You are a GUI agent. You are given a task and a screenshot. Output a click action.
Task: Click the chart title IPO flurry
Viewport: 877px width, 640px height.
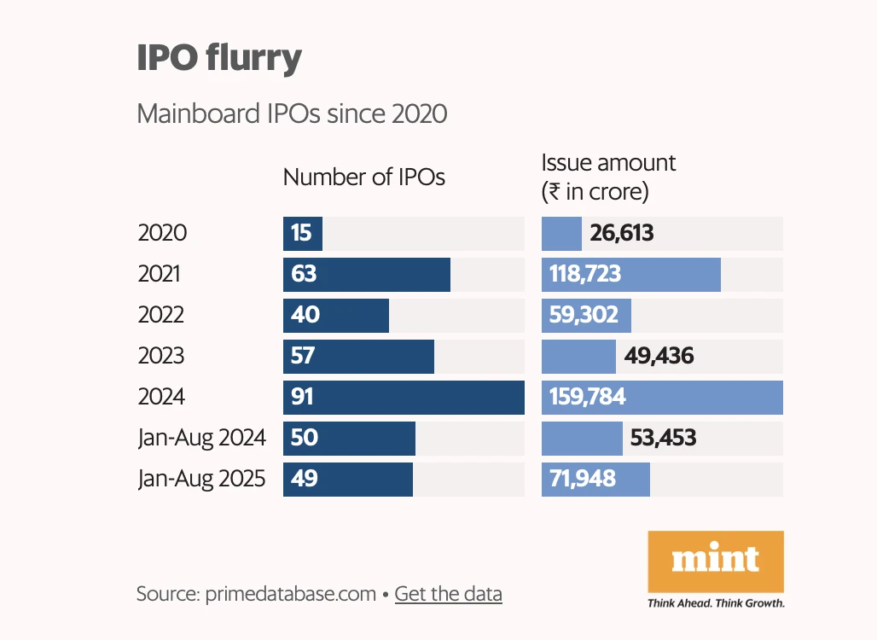coord(219,58)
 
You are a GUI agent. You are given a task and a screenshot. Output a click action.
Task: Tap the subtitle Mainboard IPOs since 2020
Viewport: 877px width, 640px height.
coord(292,113)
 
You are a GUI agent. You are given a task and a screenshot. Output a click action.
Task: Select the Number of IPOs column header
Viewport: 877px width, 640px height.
coord(363,177)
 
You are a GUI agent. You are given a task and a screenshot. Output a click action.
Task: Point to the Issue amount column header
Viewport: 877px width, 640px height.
coord(608,177)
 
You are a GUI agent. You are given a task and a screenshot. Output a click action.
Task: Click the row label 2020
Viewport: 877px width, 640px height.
coord(162,233)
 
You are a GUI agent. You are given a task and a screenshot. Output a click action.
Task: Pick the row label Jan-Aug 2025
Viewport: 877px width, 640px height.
coord(201,479)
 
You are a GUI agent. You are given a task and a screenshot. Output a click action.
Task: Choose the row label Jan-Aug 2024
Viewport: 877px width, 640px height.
coord(201,438)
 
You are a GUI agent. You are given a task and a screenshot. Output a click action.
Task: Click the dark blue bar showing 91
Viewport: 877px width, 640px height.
coord(404,398)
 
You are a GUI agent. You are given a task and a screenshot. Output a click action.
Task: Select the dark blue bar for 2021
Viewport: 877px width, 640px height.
coord(367,275)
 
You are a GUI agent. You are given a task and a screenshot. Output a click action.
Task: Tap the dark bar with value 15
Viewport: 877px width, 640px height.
coord(302,233)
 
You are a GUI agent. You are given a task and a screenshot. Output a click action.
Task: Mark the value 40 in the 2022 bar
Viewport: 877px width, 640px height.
coord(305,315)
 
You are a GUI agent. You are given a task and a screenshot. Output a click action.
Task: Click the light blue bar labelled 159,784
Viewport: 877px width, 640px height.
coord(662,398)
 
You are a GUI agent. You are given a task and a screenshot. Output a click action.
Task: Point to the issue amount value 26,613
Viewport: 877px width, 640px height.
coord(622,233)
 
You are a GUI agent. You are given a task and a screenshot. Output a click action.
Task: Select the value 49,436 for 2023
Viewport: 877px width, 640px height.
coord(659,356)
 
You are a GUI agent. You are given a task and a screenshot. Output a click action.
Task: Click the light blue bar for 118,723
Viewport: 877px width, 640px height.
coord(631,275)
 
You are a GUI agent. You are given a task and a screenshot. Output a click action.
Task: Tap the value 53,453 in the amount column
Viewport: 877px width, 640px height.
coord(663,438)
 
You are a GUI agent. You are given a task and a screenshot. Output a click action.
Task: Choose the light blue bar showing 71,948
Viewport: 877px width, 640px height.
coord(595,479)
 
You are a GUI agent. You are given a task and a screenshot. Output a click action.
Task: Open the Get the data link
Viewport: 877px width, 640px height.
coord(448,594)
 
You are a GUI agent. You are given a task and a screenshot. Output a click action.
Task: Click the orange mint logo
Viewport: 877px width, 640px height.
coord(716,561)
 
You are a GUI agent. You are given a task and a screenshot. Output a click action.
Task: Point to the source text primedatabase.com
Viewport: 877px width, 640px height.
coord(290,594)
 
